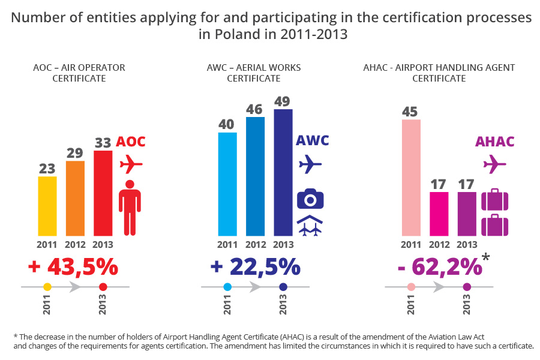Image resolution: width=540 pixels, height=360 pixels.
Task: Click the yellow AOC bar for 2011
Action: pyautogui.click(x=47, y=206)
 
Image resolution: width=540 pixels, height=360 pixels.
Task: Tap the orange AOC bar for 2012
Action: pyautogui.click(x=75, y=198)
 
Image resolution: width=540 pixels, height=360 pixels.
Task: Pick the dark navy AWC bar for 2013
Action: pyautogui.click(x=283, y=172)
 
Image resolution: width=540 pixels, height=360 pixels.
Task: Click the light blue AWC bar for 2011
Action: pyautogui.click(x=227, y=184)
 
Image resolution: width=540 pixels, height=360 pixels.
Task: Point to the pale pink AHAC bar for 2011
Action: pyautogui.click(x=411, y=177)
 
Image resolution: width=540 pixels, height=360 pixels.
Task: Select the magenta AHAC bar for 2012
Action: pyautogui.click(x=439, y=214)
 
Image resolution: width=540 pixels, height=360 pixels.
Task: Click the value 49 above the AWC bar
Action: pyautogui.click(x=283, y=100)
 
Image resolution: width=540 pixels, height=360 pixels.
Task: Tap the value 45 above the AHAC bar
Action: pyautogui.click(x=411, y=111)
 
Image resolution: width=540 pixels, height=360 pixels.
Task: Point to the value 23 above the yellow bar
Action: pyautogui.click(x=47, y=169)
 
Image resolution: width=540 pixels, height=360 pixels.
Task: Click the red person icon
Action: pyautogui.click(x=130, y=207)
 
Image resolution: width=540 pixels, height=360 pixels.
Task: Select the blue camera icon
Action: pyautogui.click(x=310, y=199)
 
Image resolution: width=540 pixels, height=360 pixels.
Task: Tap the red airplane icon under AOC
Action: pyautogui.click(x=131, y=163)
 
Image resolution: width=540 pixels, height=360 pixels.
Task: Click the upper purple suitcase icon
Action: pyautogui.click(x=495, y=200)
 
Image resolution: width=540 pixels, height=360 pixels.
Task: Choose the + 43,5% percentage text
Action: pyautogui.click(x=73, y=266)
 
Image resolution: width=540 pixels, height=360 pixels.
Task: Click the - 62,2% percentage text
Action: pyautogui.click(x=439, y=266)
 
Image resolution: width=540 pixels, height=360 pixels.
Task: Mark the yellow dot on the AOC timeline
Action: pyautogui.click(x=47, y=287)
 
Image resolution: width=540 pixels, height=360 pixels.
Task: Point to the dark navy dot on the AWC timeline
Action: pyautogui.click(x=283, y=287)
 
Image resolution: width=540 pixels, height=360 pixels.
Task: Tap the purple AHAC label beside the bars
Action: pyautogui.click(x=495, y=142)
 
